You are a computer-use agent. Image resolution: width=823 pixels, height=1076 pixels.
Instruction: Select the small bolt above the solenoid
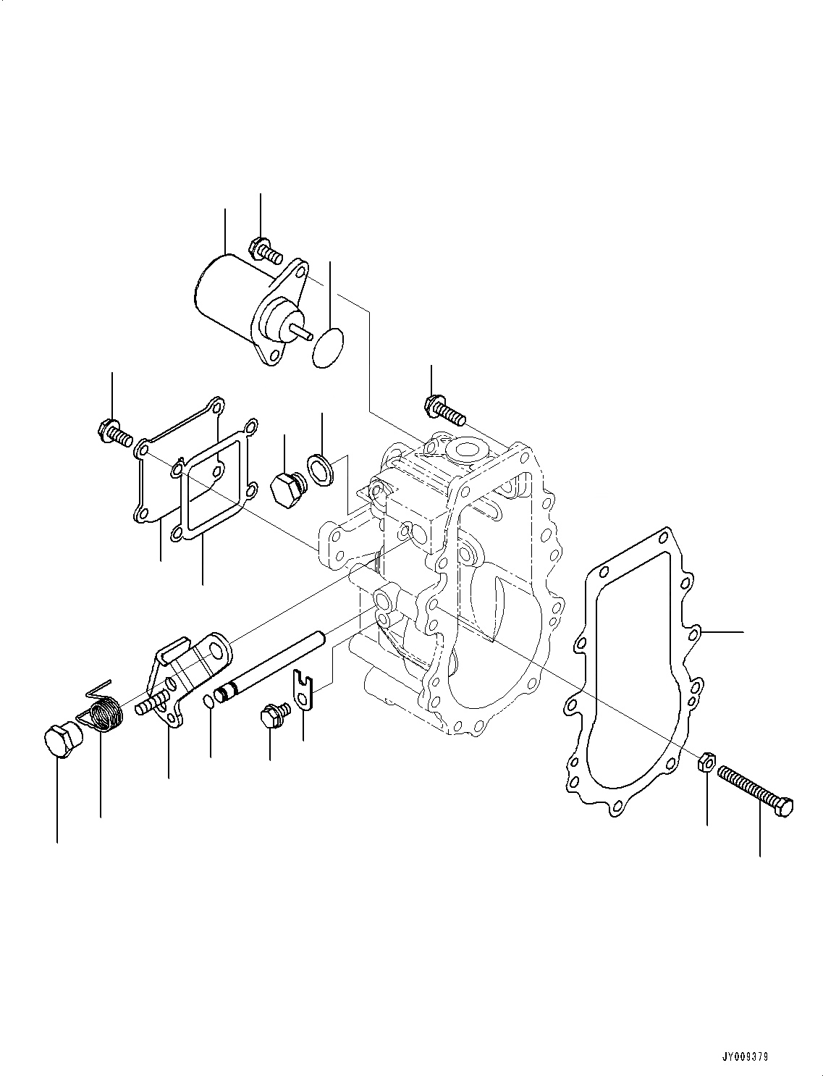click(x=265, y=251)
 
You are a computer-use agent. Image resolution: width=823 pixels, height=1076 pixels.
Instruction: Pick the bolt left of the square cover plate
click(x=113, y=433)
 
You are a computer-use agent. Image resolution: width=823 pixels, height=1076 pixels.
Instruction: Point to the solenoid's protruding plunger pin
click(x=303, y=331)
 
